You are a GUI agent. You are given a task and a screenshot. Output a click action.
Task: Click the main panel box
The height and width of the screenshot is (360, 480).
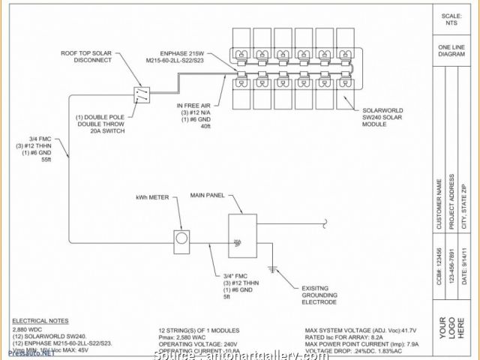(x=241, y=236)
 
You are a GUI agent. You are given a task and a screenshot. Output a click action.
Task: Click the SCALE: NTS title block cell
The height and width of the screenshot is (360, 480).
(x=451, y=20)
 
